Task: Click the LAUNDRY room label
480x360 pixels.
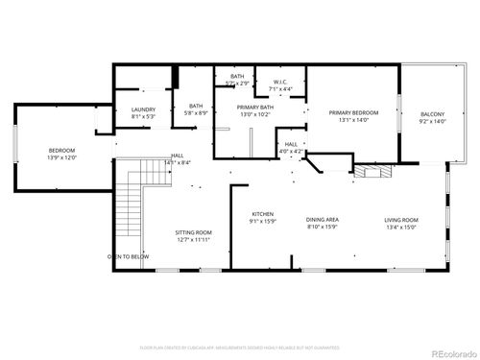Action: pos(143,109)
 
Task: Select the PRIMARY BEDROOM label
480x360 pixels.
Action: pos(354,113)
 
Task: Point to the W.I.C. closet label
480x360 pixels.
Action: pos(281,82)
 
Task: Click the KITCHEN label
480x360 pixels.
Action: pos(264,214)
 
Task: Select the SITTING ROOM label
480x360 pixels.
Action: pos(193,232)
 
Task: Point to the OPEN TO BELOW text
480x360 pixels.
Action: pos(128,256)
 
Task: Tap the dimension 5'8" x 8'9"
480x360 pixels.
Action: pos(196,113)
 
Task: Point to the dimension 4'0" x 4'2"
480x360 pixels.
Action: pos(291,152)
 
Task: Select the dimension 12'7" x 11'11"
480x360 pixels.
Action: pos(193,240)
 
